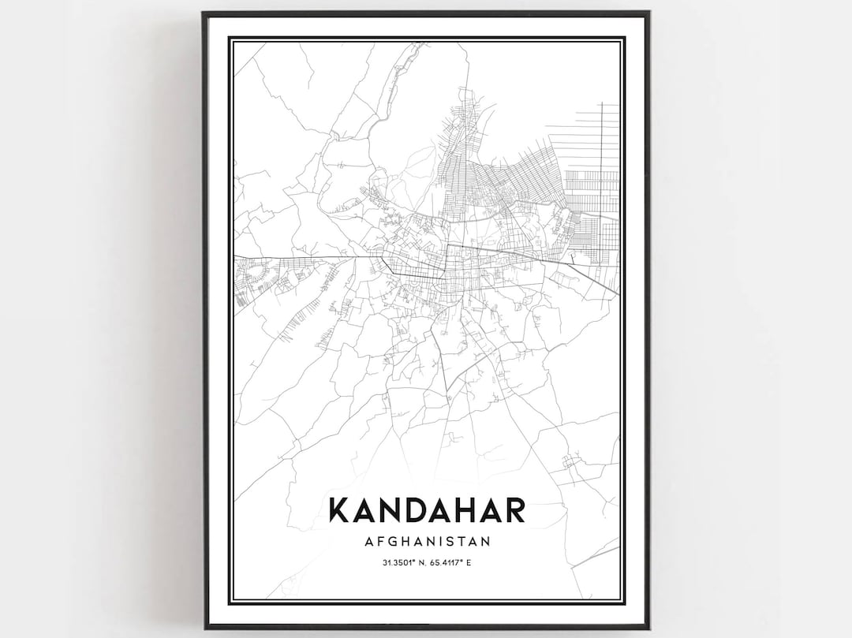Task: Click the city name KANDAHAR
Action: [426, 509]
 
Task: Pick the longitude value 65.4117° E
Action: [455, 562]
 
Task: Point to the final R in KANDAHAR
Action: [514, 509]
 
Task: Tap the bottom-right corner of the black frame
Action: [648, 628]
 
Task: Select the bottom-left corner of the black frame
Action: [204, 628]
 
